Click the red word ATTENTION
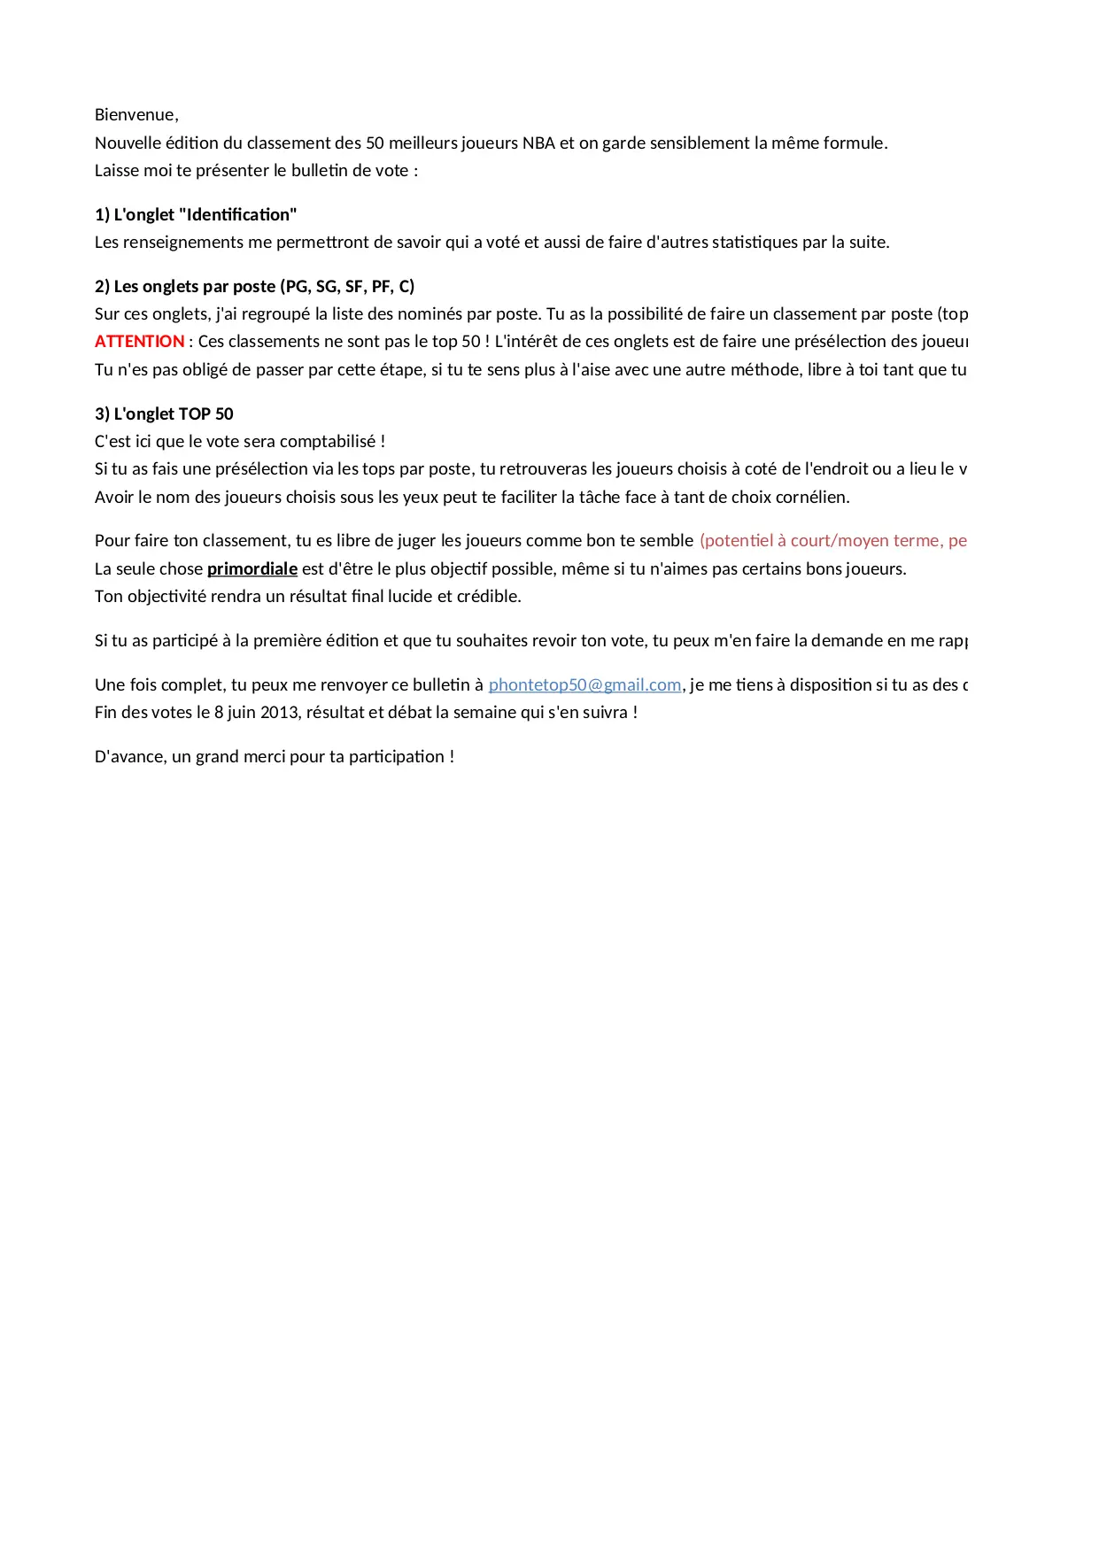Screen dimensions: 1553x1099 click(x=139, y=342)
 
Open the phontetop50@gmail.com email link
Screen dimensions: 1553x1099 click(x=584, y=685)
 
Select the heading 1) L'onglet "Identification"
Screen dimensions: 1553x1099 click(x=196, y=215)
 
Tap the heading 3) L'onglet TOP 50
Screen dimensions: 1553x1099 click(x=164, y=414)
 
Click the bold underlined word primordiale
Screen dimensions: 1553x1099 click(x=252, y=569)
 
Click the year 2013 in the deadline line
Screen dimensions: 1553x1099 click(x=279, y=713)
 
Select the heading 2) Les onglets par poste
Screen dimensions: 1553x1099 click(x=254, y=287)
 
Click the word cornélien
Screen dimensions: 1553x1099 click(x=814, y=498)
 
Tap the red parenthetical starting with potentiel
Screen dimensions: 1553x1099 click(x=832, y=541)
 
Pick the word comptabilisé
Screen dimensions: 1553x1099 click(x=328, y=442)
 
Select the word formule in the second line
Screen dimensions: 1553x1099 click(x=853, y=143)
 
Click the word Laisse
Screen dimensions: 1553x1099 click(x=117, y=171)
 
